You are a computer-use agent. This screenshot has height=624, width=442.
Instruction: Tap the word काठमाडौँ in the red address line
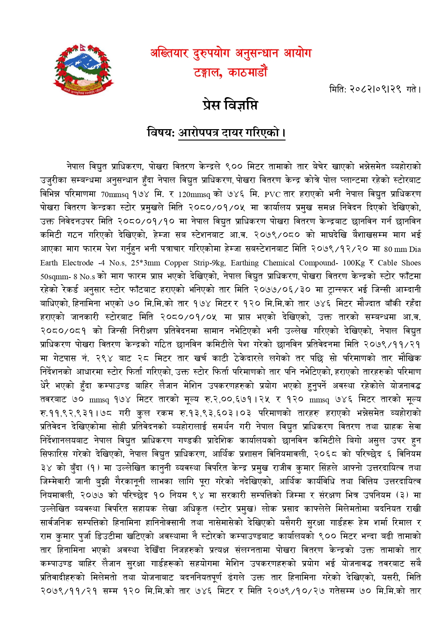pos(248,73)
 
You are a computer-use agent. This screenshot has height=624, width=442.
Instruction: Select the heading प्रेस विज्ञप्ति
pos(230,105)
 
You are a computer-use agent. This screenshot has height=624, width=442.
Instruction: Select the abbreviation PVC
pos(272,194)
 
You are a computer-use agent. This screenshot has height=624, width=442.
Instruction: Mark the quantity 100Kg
pos(354,263)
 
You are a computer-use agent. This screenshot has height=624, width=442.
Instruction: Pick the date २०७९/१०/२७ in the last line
pos(296,591)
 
